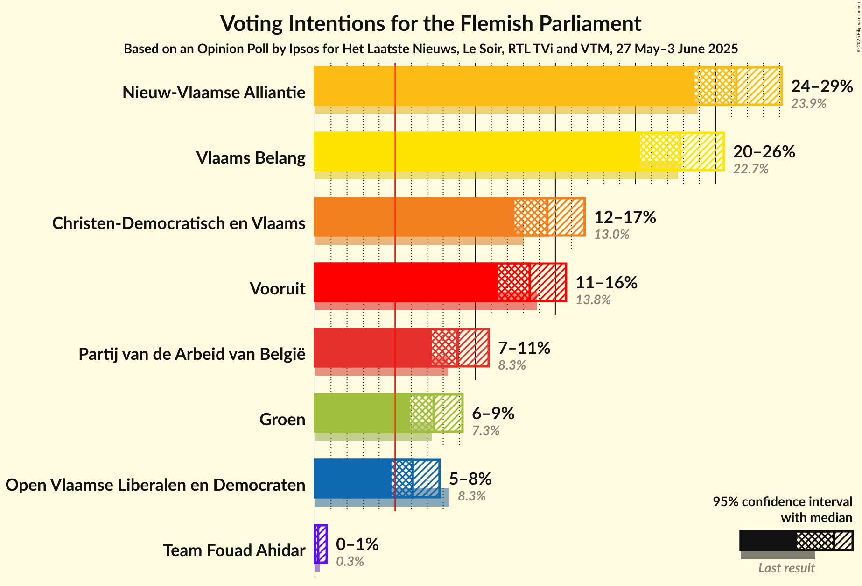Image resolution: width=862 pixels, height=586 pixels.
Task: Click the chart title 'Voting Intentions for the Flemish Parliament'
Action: pyautogui.click(x=431, y=24)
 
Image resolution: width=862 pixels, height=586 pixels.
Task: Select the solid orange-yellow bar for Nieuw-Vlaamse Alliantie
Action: pyautogui.click(x=504, y=86)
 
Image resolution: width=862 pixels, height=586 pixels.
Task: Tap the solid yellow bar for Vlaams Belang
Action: pyautogui.click(x=477, y=151)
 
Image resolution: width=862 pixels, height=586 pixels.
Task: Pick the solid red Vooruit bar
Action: pyautogui.click(x=406, y=282)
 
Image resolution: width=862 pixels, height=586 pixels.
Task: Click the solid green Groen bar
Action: pyautogui.click(x=362, y=413)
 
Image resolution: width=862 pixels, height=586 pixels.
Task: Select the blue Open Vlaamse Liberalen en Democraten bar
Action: pyautogui.click(x=353, y=479)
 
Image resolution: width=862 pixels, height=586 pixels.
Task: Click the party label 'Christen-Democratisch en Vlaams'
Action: pyautogui.click(x=179, y=223)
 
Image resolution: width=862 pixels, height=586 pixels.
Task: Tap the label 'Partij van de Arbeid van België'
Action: pyautogui.click(x=192, y=354)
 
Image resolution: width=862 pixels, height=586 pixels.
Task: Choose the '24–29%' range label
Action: pyautogui.click(x=822, y=86)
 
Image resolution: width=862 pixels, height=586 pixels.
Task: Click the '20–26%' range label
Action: pyautogui.click(x=764, y=152)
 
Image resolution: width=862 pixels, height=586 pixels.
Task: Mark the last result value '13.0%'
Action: pyautogui.click(x=611, y=234)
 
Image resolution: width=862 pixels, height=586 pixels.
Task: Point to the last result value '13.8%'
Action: pyautogui.click(x=593, y=300)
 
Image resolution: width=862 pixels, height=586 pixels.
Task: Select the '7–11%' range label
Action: pyautogui.click(x=524, y=348)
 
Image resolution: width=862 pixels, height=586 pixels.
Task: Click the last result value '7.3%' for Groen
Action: pyautogui.click(x=485, y=430)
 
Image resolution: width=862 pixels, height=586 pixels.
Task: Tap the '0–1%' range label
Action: pyautogui.click(x=357, y=544)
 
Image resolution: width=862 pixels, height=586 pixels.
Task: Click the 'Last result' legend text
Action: pyautogui.click(x=786, y=568)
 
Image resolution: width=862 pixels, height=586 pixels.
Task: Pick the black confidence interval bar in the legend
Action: pyautogui.click(x=768, y=541)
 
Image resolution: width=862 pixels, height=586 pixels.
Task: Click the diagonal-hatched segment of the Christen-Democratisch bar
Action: pyautogui.click(x=566, y=217)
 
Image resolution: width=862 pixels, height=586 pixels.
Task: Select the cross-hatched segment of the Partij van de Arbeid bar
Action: pyautogui.click(x=444, y=348)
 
